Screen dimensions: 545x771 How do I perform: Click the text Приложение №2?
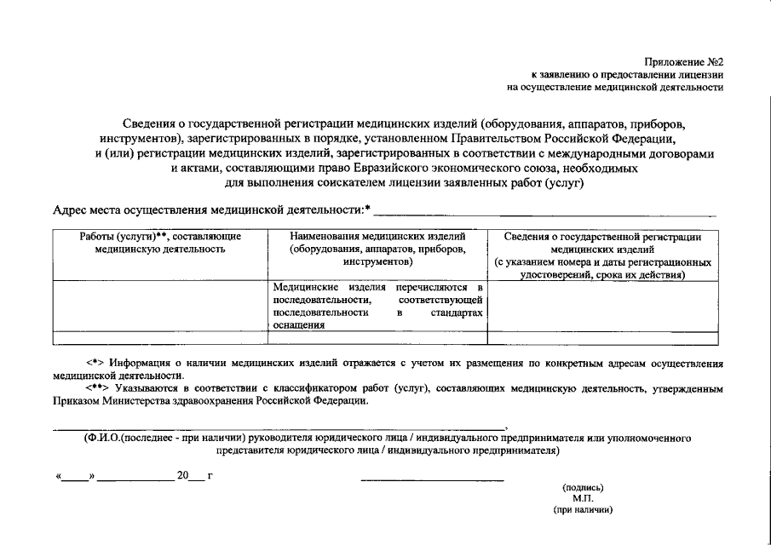coord(683,60)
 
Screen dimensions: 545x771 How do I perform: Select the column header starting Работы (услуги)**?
coord(160,243)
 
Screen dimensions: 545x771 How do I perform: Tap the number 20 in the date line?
coord(182,476)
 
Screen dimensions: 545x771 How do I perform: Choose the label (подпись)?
coord(583,488)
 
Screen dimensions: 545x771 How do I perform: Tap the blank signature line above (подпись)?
coord(432,479)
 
